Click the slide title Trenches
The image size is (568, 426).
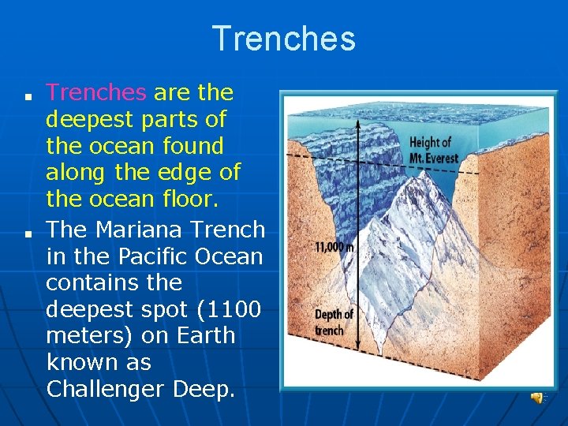coord(284,39)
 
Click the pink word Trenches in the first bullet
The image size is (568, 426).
coord(96,93)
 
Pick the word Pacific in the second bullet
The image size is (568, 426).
coord(147,256)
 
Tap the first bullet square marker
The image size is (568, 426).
coord(26,99)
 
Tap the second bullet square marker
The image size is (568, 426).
coord(26,235)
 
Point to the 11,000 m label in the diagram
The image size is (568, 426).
coord(334,246)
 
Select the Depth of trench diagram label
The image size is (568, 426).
coord(334,322)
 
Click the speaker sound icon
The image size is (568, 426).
coord(537,398)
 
